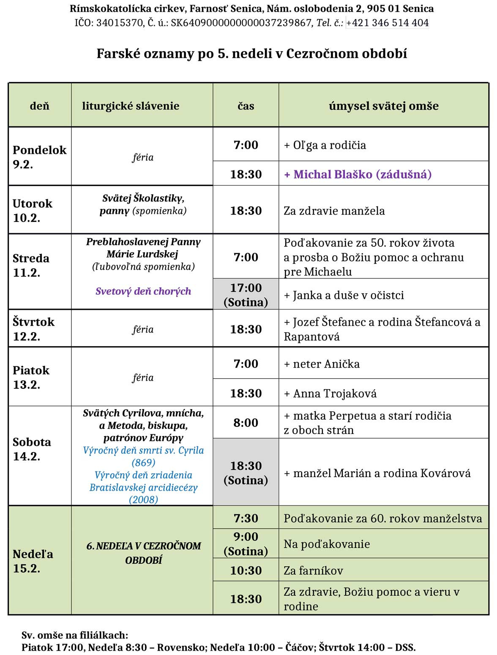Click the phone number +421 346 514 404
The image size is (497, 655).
point(387,23)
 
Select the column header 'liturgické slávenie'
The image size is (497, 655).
point(131,106)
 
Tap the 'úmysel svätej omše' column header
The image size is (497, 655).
point(383,106)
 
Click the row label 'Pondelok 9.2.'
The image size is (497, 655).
point(39,157)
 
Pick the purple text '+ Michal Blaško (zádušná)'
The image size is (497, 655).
point(358,174)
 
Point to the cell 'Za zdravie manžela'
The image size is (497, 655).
point(334,210)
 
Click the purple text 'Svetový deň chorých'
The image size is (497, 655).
point(143,291)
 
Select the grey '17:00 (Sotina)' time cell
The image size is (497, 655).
point(246,295)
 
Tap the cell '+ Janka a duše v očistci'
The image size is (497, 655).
point(344,295)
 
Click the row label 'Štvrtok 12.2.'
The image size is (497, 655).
point(33,329)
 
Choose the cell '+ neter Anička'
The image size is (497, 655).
point(322,364)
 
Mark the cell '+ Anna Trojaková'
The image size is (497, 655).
point(330,393)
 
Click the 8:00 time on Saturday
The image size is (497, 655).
point(246,423)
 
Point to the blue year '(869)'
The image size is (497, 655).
point(143,462)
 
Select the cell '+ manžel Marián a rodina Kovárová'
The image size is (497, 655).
point(377,473)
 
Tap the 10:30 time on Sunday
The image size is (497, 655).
point(246,570)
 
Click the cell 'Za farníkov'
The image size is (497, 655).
point(313,570)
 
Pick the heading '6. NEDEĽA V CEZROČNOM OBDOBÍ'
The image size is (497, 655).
point(143,553)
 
